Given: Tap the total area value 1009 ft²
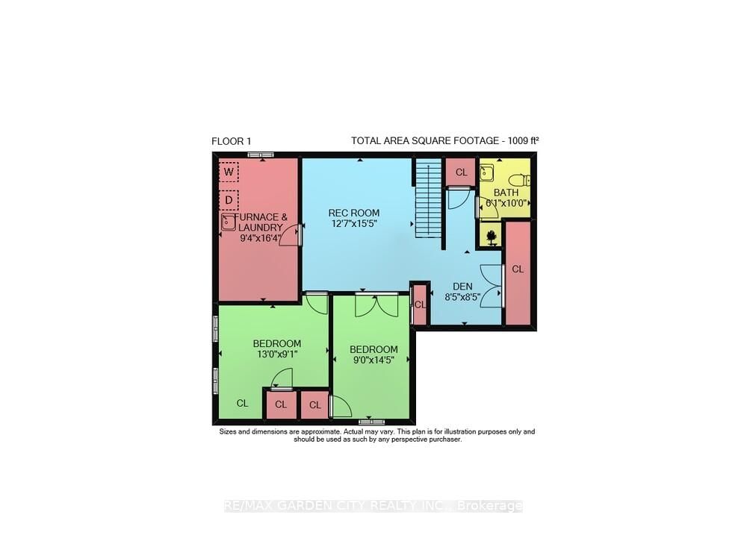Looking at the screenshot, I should (x=512, y=141).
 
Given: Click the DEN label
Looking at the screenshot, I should (x=463, y=285).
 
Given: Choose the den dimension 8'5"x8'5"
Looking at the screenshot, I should (x=463, y=296).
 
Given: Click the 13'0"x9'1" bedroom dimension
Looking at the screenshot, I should (x=276, y=355).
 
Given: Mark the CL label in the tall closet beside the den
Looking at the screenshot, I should (x=518, y=269).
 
